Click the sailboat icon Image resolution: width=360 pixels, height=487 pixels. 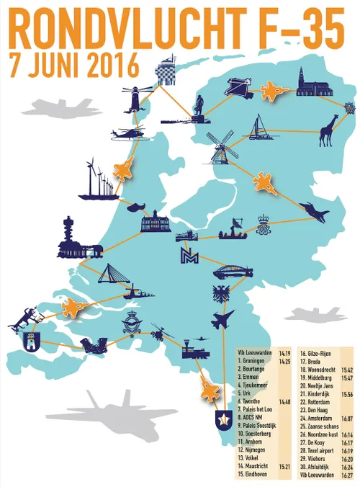coord(258,128)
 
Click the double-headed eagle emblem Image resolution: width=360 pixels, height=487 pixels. coord(220,295)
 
